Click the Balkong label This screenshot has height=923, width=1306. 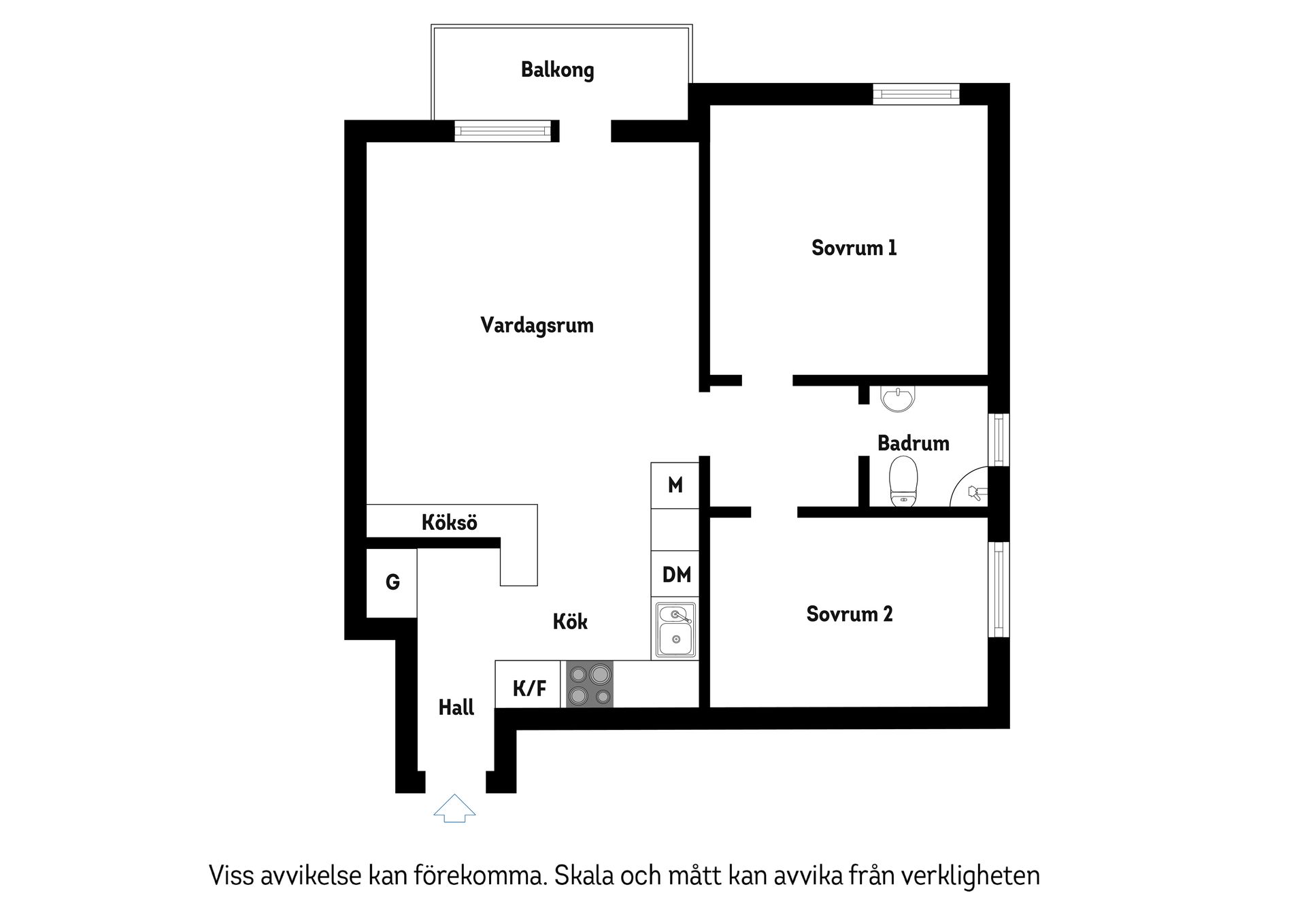557,70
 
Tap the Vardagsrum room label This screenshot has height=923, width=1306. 537,325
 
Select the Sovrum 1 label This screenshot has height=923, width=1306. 854,248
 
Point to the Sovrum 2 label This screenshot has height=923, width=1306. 849,614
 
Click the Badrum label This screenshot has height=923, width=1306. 913,443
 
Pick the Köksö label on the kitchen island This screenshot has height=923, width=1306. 449,522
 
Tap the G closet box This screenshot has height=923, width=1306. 392,583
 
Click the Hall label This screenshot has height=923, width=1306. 456,708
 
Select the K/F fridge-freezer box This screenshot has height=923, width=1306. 529,688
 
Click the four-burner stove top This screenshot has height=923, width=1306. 590,684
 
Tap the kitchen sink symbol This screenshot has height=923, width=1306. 675,631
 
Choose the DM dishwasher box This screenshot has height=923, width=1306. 675,575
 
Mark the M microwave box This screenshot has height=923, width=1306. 675,485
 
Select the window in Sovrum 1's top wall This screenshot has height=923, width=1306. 916,94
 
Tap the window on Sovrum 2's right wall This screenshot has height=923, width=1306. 999,589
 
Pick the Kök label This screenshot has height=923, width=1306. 569,622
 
